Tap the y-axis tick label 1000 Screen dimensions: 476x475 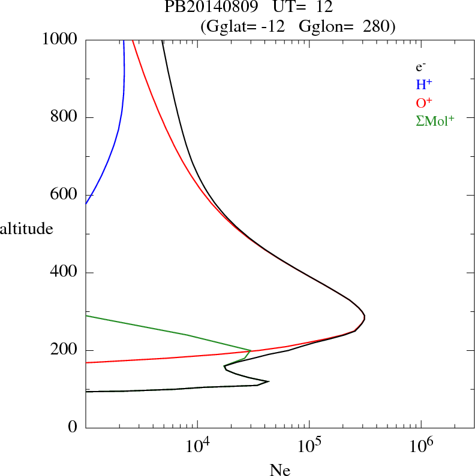tap(61, 40)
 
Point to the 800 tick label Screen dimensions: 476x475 tap(65, 117)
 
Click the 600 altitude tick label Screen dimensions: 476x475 tap(65, 195)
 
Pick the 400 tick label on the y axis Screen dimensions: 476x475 tap(65, 273)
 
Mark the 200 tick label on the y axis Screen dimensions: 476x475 tap(65, 350)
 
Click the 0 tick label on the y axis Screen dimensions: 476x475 tap(73, 428)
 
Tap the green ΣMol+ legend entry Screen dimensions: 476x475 tap(435, 120)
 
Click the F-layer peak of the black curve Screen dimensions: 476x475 tap(364, 317)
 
